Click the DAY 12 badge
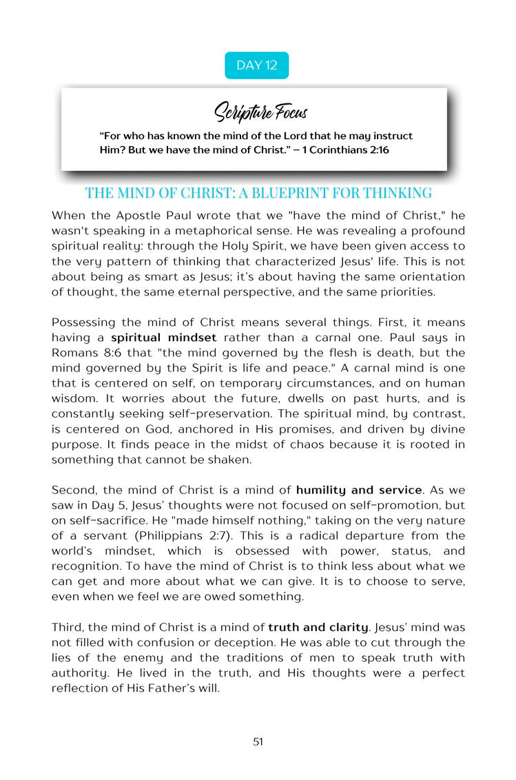[x=256, y=65]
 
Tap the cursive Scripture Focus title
[x=260, y=111]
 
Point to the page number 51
[x=258, y=741]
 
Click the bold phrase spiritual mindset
[x=164, y=338]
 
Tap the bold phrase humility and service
[x=359, y=490]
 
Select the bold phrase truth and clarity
[x=310, y=627]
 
